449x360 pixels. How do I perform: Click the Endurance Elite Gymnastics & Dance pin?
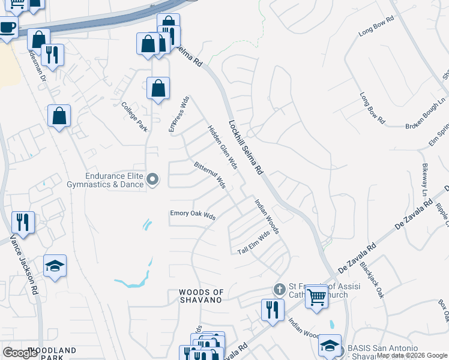point(152,179)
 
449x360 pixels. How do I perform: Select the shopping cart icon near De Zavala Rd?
point(316,296)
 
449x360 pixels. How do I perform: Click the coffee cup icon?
point(7,28)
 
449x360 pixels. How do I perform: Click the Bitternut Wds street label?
point(209,173)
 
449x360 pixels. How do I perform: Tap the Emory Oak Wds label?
point(193,214)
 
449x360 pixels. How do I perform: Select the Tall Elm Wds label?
point(255,243)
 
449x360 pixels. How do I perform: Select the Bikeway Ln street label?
point(424,180)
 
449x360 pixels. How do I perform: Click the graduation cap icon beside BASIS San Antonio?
point(330,345)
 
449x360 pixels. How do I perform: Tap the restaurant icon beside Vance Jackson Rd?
point(23,221)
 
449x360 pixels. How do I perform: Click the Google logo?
point(20,352)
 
